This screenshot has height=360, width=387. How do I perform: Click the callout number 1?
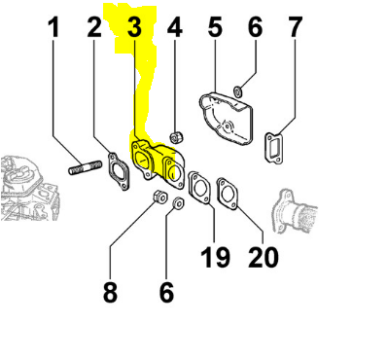[x=53, y=27]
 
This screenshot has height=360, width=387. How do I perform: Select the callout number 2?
[x=94, y=27]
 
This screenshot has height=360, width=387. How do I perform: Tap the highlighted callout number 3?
[x=134, y=27]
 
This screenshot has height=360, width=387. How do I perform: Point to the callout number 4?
[x=175, y=27]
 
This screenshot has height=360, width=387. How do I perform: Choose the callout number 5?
[x=215, y=27]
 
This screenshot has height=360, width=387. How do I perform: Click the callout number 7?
[x=295, y=27]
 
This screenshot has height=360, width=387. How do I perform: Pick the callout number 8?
[x=110, y=292]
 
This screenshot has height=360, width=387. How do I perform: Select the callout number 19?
[x=215, y=257]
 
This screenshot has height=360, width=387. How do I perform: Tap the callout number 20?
[x=264, y=257]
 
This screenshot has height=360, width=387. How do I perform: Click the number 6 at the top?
[x=255, y=27]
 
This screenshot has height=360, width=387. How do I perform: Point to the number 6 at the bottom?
[x=166, y=292]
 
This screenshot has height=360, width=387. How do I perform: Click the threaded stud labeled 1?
[x=86, y=166]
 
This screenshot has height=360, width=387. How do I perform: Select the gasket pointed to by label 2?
[x=119, y=170]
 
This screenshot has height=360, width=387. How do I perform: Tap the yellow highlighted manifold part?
[x=158, y=163]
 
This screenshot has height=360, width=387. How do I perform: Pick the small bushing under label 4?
[x=177, y=137]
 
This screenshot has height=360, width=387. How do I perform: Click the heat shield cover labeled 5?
[x=226, y=118]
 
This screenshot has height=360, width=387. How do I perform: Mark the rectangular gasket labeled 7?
[x=274, y=149]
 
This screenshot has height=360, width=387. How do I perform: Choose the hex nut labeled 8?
[x=159, y=196]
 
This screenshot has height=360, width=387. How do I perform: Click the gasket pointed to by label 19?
[x=199, y=188]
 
